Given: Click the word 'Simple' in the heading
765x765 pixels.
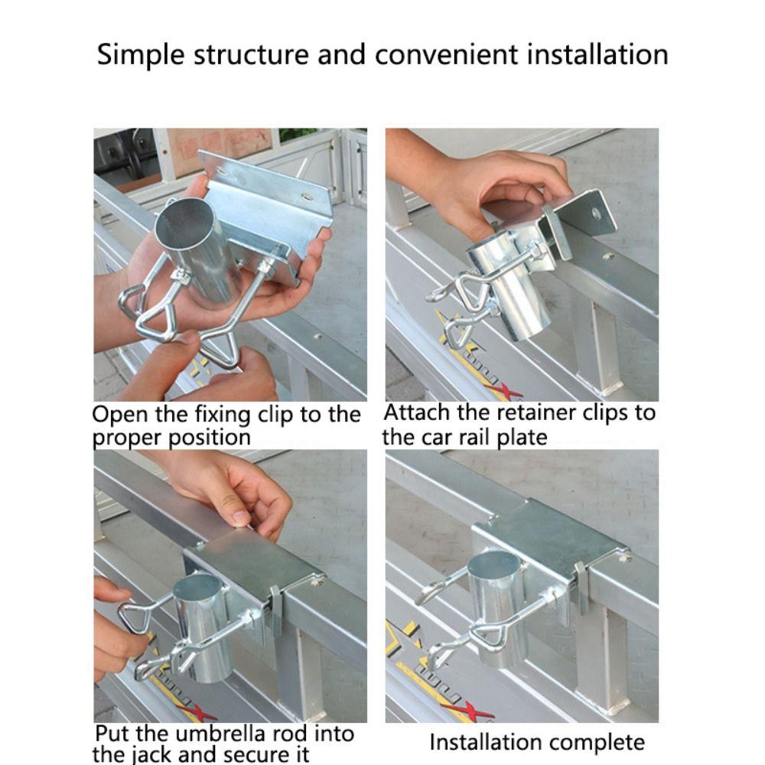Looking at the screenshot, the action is tap(141, 54).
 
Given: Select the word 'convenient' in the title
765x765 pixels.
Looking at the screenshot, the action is tap(446, 54).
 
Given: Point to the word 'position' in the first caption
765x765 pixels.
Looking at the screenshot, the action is tap(210, 438).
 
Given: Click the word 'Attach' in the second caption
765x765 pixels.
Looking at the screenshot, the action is tap(417, 413).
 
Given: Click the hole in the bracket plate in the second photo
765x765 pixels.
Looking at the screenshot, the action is tap(596, 213).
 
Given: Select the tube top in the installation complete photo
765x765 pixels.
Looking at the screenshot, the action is tap(493, 565).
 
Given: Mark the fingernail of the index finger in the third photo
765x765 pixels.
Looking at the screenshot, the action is tap(239, 515).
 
